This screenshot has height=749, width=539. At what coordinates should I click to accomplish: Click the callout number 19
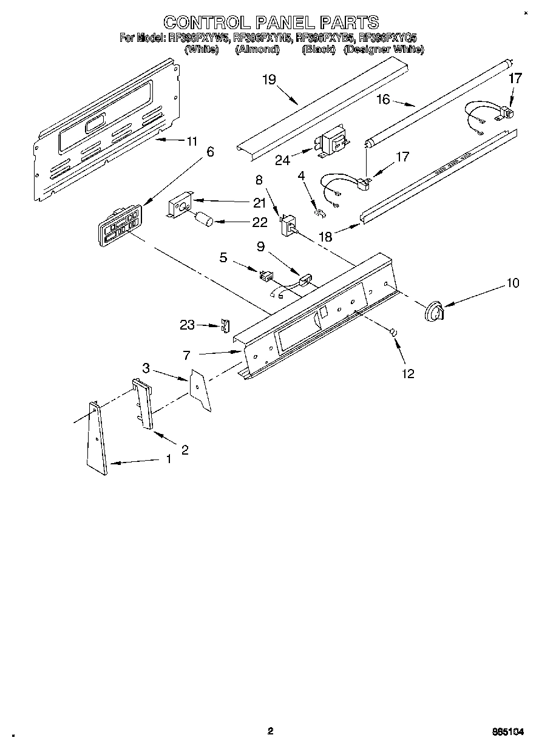click(269, 79)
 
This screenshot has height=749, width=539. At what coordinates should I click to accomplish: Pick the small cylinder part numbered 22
click(204, 219)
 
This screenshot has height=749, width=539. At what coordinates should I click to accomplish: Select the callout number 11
click(192, 141)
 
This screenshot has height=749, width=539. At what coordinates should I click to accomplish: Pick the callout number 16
click(383, 100)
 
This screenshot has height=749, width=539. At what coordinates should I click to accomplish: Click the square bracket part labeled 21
click(181, 205)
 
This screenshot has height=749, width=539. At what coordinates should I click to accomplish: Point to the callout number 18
click(326, 237)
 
